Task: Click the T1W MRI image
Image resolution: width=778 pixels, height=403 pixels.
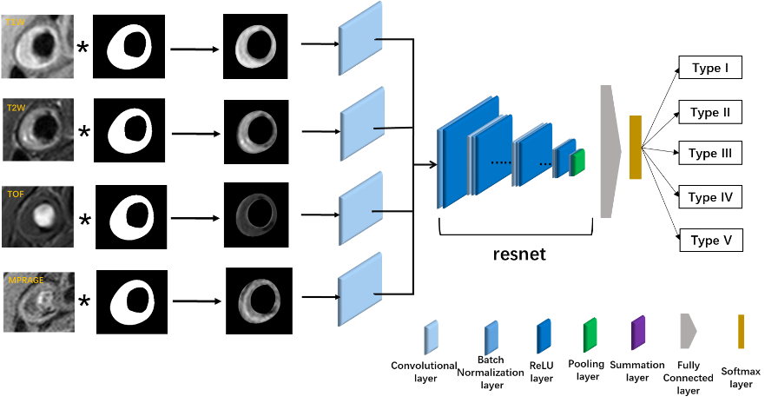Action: pyautogui.click(x=37, y=46)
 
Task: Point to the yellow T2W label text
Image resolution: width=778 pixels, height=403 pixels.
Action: pyautogui.click(x=16, y=108)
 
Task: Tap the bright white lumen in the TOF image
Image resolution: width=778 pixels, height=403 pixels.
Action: pyautogui.click(x=42, y=212)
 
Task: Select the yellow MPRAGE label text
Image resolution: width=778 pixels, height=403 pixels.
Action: pyautogui.click(x=25, y=281)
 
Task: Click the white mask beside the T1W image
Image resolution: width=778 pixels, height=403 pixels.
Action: pyautogui.click(x=129, y=47)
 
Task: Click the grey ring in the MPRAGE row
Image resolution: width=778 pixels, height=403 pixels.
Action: pyautogui.click(x=260, y=301)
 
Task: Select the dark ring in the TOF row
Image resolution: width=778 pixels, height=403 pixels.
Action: pyautogui.click(x=257, y=215)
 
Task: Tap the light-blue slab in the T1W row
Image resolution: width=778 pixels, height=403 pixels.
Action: pyautogui.click(x=360, y=39)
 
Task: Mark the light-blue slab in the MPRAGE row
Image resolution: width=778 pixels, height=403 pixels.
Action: pyautogui.click(x=359, y=289)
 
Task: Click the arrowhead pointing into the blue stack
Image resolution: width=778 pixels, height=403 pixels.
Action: pyautogui.click(x=432, y=163)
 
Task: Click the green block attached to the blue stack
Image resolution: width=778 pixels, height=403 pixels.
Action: pyautogui.click(x=578, y=162)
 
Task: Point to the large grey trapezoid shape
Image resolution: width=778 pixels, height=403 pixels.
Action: pyautogui.click(x=610, y=151)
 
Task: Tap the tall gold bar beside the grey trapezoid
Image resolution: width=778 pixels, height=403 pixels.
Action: pyautogui.click(x=636, y=148)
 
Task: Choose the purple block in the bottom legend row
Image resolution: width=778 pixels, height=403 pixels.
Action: pyautogui.click(x=638, y=333)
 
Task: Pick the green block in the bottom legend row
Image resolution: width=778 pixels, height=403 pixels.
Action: pyautogui.click(x=590, y=335)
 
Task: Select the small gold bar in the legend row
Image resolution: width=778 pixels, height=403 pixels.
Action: pyautogui.click(x=742, y=332)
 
